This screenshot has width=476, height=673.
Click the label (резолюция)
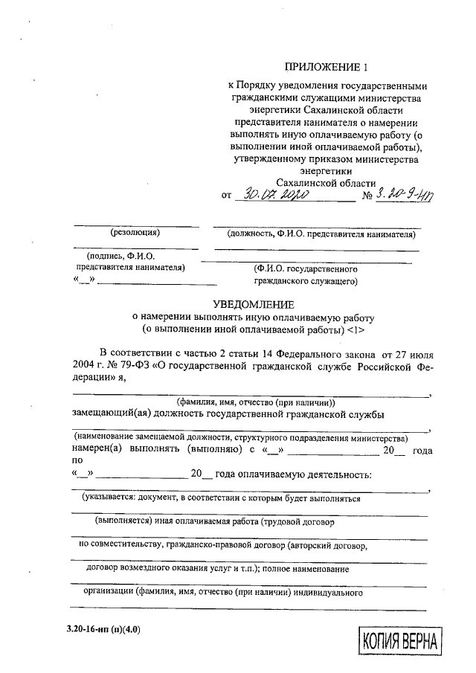click(x=135, y=233)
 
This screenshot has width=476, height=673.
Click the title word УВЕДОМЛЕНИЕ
click(x=254, y=304)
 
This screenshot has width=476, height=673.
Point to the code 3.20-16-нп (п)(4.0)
click(x=103, y=629)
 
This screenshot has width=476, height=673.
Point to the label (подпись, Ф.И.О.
click(x=120, y=256)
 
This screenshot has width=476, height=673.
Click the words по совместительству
click(x=115, y=545)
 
